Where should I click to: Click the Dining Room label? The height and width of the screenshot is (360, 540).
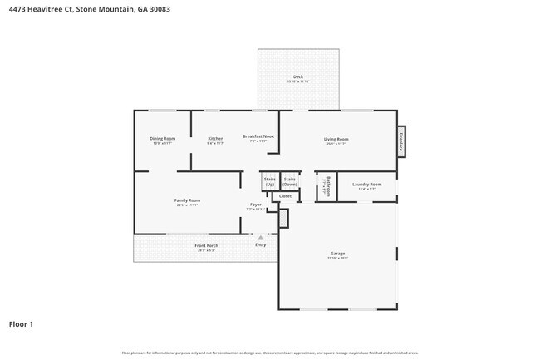(x=162, y=138)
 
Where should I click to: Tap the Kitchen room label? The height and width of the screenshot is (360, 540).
(x=215, y=138)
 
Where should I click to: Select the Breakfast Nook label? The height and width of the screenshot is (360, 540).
(x=258, y=136)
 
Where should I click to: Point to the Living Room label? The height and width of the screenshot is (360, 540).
(x=336, y=139)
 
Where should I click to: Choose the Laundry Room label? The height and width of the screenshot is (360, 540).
(x=366, y=184)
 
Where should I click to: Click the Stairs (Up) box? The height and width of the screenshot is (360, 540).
(x=269, y=181)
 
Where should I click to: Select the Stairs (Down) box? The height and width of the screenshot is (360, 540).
(x=290, y=181)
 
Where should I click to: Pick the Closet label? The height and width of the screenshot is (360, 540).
(x=285, y=196)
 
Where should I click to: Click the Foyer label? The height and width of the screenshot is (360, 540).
(x=256, y=205)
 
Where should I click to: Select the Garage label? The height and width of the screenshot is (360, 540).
(x=336, y=254)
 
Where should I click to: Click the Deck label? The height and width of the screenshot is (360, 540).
(x=297, y=77)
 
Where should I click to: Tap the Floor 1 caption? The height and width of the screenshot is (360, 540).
(x=22, y=323)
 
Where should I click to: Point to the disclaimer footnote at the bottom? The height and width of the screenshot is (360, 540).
(x=269, y=353)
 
